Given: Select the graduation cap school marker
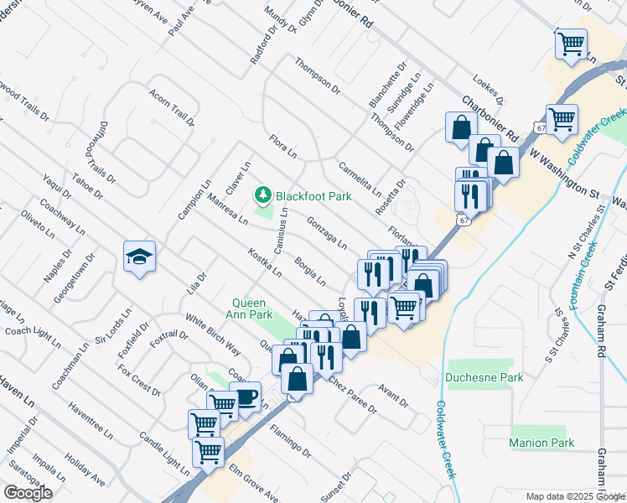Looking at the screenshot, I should (x=139, y=256).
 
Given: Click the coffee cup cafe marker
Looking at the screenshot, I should (x=246, y=396).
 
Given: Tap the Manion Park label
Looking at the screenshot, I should (x=541, y=443).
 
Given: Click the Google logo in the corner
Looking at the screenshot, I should (x=28, y=493).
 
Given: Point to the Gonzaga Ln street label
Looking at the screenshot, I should (x=327, y=233).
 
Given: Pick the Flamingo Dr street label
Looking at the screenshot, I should (x=290, y=441).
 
